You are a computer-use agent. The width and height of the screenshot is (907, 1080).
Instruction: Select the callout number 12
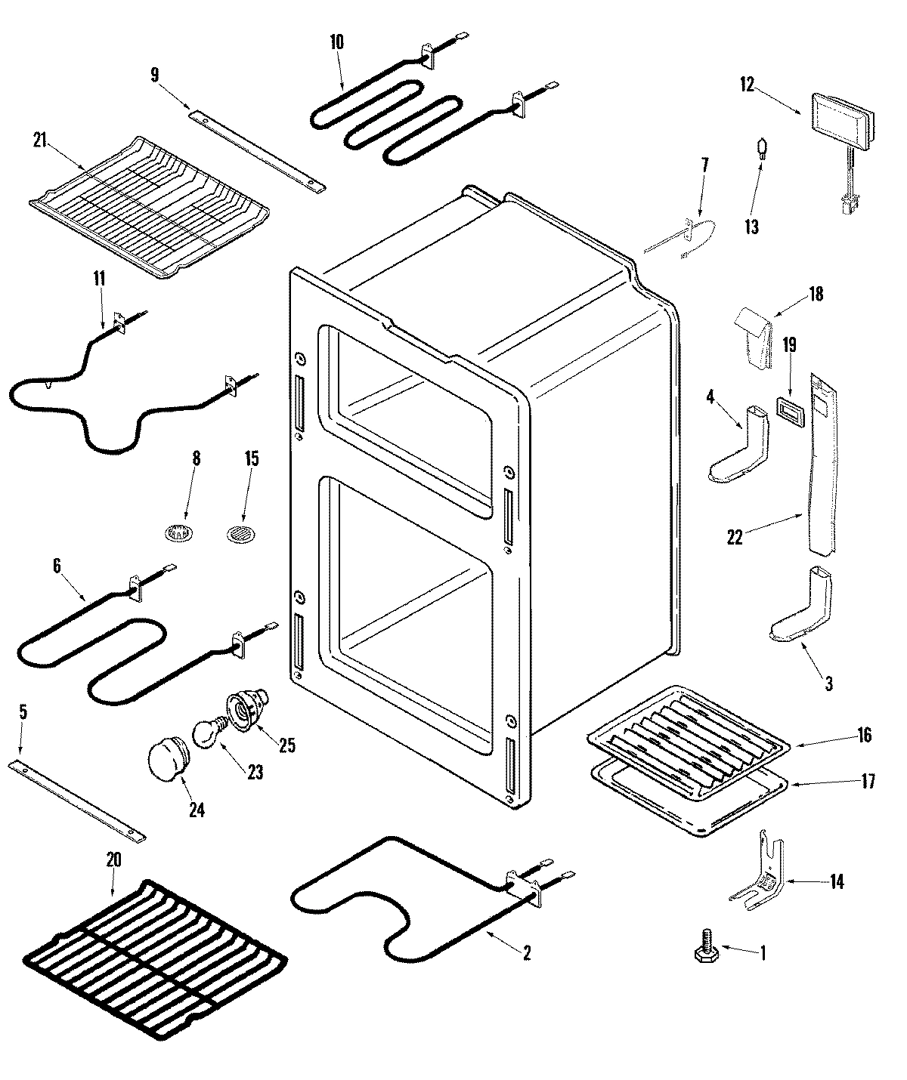(747, 85)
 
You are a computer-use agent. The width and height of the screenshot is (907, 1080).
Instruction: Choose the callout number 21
(40, 140)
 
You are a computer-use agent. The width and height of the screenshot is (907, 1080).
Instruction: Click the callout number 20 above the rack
(113, 859)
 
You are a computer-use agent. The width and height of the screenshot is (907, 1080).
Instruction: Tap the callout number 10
(336, 42)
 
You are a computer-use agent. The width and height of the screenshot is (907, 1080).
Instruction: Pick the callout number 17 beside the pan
(868, 781)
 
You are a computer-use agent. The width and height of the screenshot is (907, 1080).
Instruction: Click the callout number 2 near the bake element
(526, 953)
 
